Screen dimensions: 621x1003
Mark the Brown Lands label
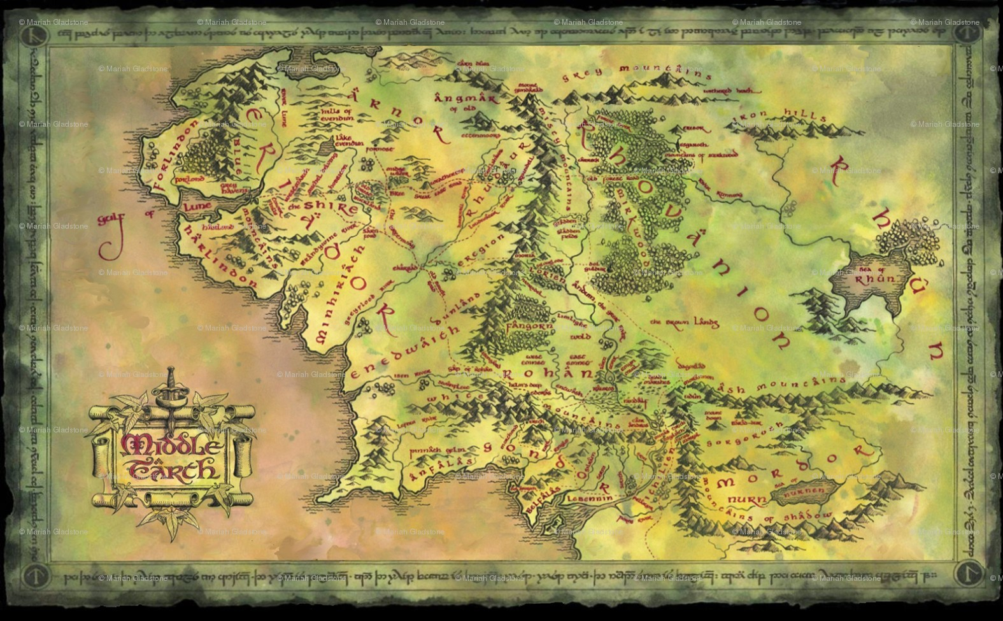point(684,322)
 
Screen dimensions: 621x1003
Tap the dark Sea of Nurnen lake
point(801,491)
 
